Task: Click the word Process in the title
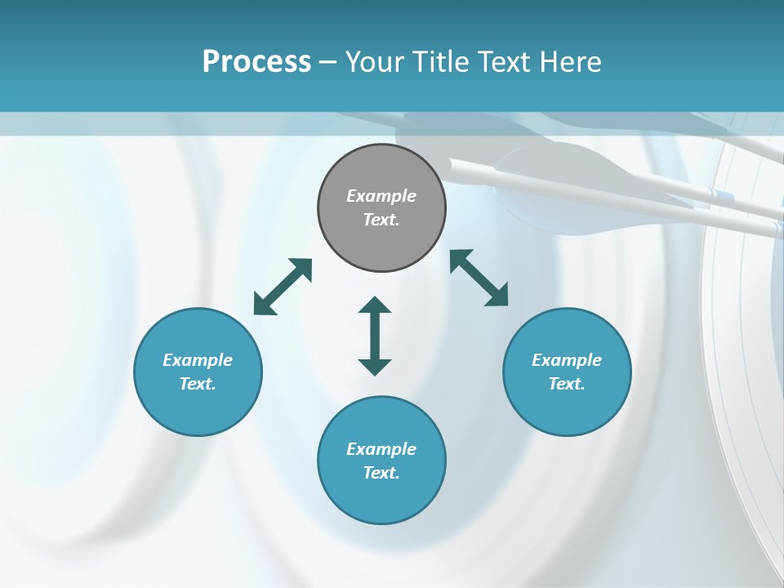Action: (x=256, y=62)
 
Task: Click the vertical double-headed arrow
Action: (x=375, y=336)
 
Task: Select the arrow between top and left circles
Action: (x=283, y=286)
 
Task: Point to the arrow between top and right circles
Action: (x=479, y=278)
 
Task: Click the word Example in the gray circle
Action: (x=381, y=196)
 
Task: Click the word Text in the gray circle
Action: (x=381, y=220)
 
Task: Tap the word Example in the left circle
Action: (x=198, y=360)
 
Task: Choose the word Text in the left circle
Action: (x=198, y=384)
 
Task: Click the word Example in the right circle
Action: (x=567, y=360)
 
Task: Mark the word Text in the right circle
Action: (x=567, y=384)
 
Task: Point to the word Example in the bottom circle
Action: (x=381, y=449)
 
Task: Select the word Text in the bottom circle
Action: (x=381, y=473)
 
